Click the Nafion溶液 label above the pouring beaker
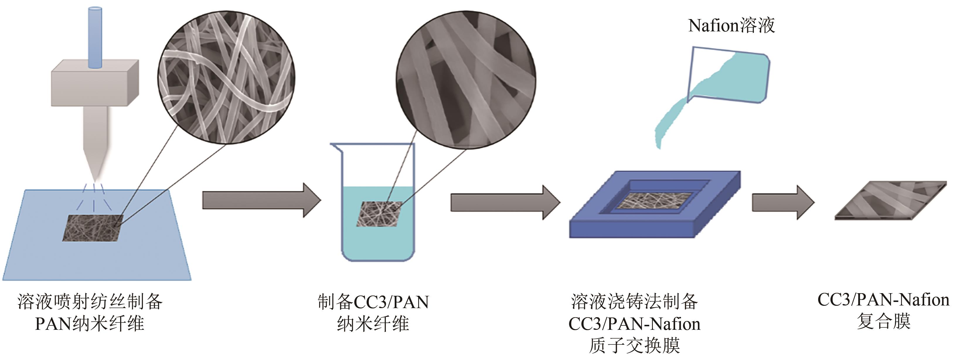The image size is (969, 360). [731, 26]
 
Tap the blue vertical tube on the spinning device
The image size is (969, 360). [95, 38]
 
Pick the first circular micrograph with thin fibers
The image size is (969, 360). [226, 78]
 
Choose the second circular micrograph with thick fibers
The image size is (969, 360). [466, 80]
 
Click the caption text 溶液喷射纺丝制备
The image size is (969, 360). [90, 302]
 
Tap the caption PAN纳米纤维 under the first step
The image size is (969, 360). [90, 324]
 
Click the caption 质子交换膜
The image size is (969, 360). [634, 345]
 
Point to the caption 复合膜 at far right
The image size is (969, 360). [883, 322]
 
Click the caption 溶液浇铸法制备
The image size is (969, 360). [634, 302]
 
